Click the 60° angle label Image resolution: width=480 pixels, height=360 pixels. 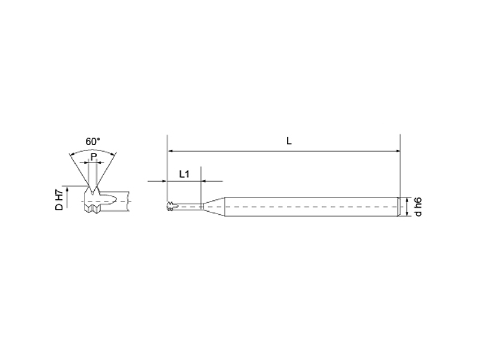[93, 142]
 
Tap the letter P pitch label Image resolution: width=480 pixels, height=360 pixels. [94, 157]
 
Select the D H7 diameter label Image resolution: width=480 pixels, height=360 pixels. [59, 200]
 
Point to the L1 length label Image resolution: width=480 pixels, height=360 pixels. [184, 174]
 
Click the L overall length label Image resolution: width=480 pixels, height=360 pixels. [289, 141]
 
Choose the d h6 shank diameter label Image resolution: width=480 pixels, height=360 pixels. [418, 206]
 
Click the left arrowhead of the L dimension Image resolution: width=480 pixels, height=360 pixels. [170, 151]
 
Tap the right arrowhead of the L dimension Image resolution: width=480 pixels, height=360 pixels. [397, 151]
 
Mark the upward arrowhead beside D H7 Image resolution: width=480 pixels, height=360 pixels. [67, 189]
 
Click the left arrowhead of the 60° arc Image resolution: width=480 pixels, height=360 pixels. [72, 154]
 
